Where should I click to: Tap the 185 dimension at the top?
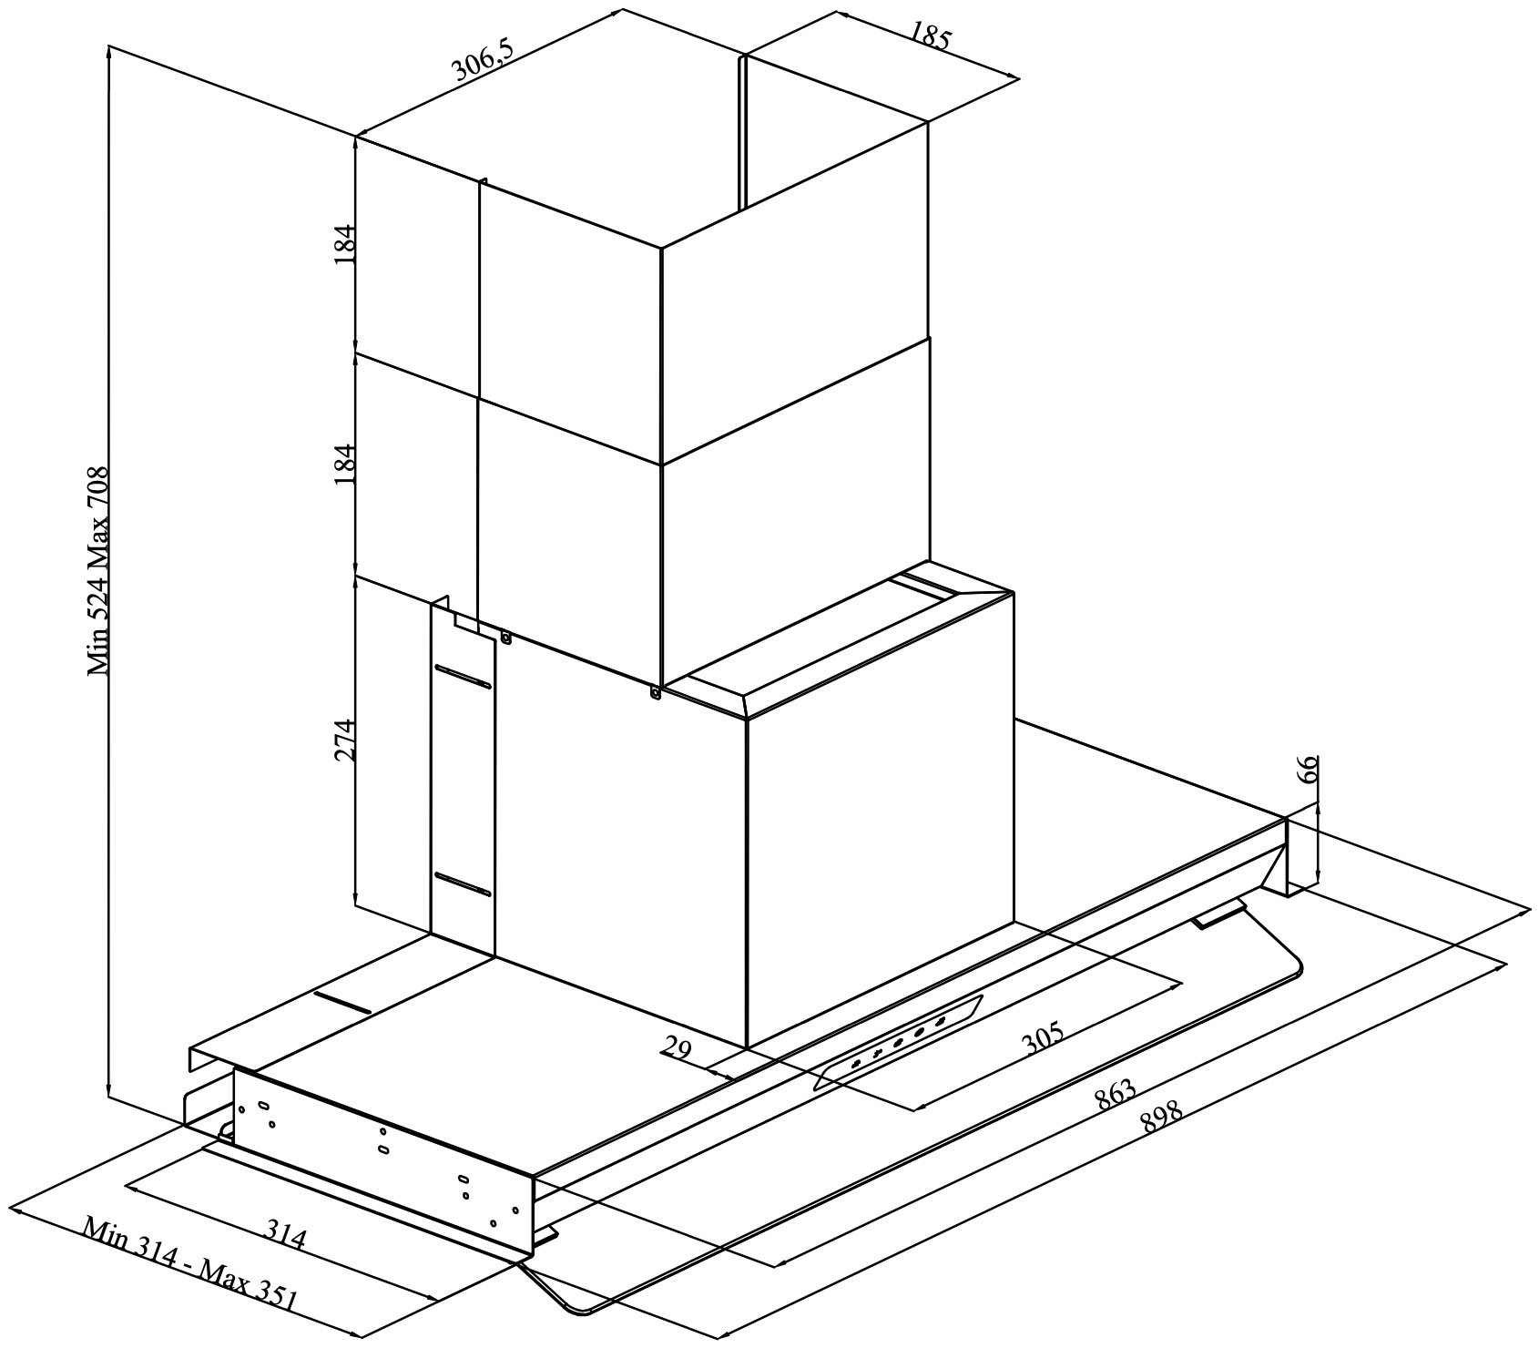[930, 34]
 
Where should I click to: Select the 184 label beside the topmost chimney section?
[345, 243]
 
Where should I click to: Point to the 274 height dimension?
[345, 740]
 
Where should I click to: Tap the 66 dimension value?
[1307, 770]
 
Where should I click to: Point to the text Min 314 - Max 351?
[190, 1262]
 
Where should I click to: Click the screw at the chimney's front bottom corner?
[655, 693]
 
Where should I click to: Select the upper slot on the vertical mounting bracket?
[463, 677]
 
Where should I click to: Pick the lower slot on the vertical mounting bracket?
[463, 883]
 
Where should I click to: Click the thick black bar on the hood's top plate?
[342, 1003]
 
